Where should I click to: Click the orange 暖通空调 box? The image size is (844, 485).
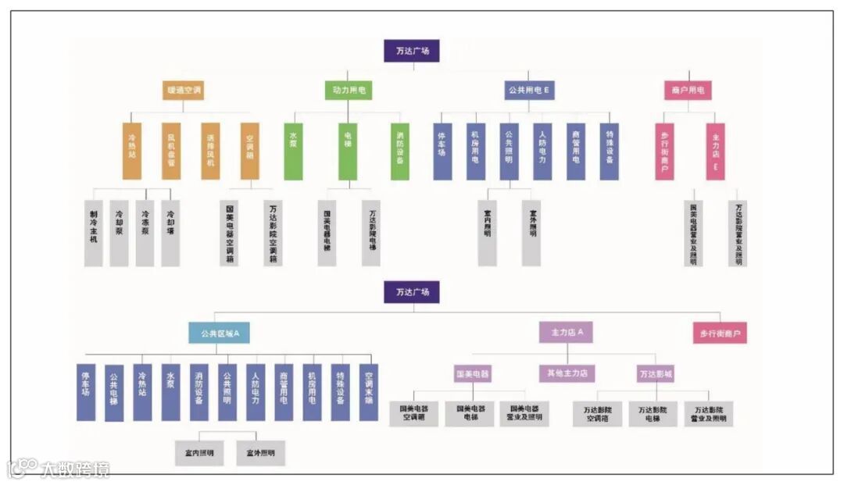coord(184,91)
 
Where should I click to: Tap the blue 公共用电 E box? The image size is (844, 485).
coord(527,91)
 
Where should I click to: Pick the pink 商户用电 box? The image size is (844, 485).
coord(688,91)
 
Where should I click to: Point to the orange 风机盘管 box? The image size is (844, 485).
coord(171,151)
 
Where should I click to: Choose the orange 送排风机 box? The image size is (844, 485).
coord(210,151)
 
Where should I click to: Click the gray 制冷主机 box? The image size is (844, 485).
coord(94,233)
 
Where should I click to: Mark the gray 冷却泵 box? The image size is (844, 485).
coord(119,233)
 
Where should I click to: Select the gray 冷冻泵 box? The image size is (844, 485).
coord(145,233)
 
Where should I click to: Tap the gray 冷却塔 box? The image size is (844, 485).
coord(170,233)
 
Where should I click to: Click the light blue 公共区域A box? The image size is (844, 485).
coord(219,333)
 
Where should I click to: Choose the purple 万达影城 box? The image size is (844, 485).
coord(655,374)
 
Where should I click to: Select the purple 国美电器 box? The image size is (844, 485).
coord(473,374)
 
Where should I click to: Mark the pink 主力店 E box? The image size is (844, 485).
coord(715,151)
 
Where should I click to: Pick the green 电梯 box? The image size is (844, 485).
coord(348,151)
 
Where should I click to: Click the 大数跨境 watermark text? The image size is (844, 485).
coord(75,469)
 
